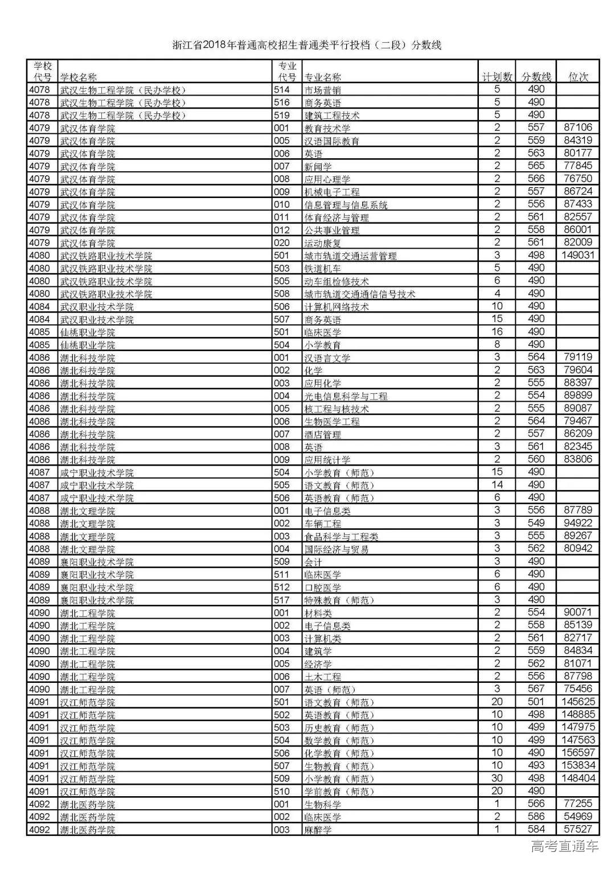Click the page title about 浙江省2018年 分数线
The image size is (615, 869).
point(307,46)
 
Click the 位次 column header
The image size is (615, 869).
point(579,77)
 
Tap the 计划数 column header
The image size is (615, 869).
point(497,77)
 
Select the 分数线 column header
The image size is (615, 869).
point(536,77)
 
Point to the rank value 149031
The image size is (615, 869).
point(578,256)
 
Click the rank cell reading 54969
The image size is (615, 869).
point(578,817)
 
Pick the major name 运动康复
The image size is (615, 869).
point(322,243)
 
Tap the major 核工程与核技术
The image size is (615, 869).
point(337,409)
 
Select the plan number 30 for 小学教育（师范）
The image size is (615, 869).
point(497,779)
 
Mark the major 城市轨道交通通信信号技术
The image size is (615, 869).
point(360,294)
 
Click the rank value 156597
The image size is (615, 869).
point(578,753)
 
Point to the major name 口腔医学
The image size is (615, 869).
point(322,587)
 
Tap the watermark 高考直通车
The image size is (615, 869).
point(564,846)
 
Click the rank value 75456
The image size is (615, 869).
point(578,689)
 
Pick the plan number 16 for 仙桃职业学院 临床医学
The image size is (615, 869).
point(497,332)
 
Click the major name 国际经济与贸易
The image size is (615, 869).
point(337,549)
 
